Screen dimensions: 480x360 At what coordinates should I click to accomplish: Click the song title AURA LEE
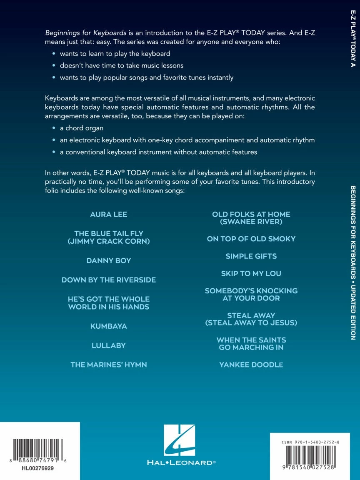pyautogui.click(x=109, y=215)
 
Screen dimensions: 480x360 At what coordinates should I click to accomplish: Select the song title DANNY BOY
pyautogui.click(x=109, y=261)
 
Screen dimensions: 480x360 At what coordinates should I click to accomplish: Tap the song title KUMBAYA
pyautogui.click(x=109, y=326)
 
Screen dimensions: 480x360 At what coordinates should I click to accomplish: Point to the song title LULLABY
pyautogui.click(x=109, y=345)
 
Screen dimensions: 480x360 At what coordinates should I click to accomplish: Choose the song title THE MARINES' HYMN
pyautogui.click(x=109, y=365)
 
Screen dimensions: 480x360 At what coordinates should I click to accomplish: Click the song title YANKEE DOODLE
pyautogui.click(x=251, y=365)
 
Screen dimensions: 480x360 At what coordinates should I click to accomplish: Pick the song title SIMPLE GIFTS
pyautogui.click(x=251, y=256)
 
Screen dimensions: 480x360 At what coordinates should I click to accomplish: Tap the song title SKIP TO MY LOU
pyautogui.click(x=251, y=274)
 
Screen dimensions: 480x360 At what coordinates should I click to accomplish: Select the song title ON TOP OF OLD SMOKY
pyautogui.click(x=251, y=239)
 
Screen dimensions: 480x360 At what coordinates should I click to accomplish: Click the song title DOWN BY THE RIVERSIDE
pyautogui.click(x=109, y=280)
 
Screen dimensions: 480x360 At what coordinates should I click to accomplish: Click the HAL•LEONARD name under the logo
pyautogui.click(x=181, y=462)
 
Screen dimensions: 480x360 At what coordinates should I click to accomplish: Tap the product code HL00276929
pyautogui.click(x=37, y=468)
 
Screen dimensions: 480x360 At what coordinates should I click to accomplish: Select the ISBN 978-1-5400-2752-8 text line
pyautogui.click(x=310, y=442)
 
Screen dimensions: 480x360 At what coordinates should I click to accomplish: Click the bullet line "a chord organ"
pyautogui.click(x=82, y=128)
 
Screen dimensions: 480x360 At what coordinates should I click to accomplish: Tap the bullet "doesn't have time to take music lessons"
pyautogui.click(x=122, y=65)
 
